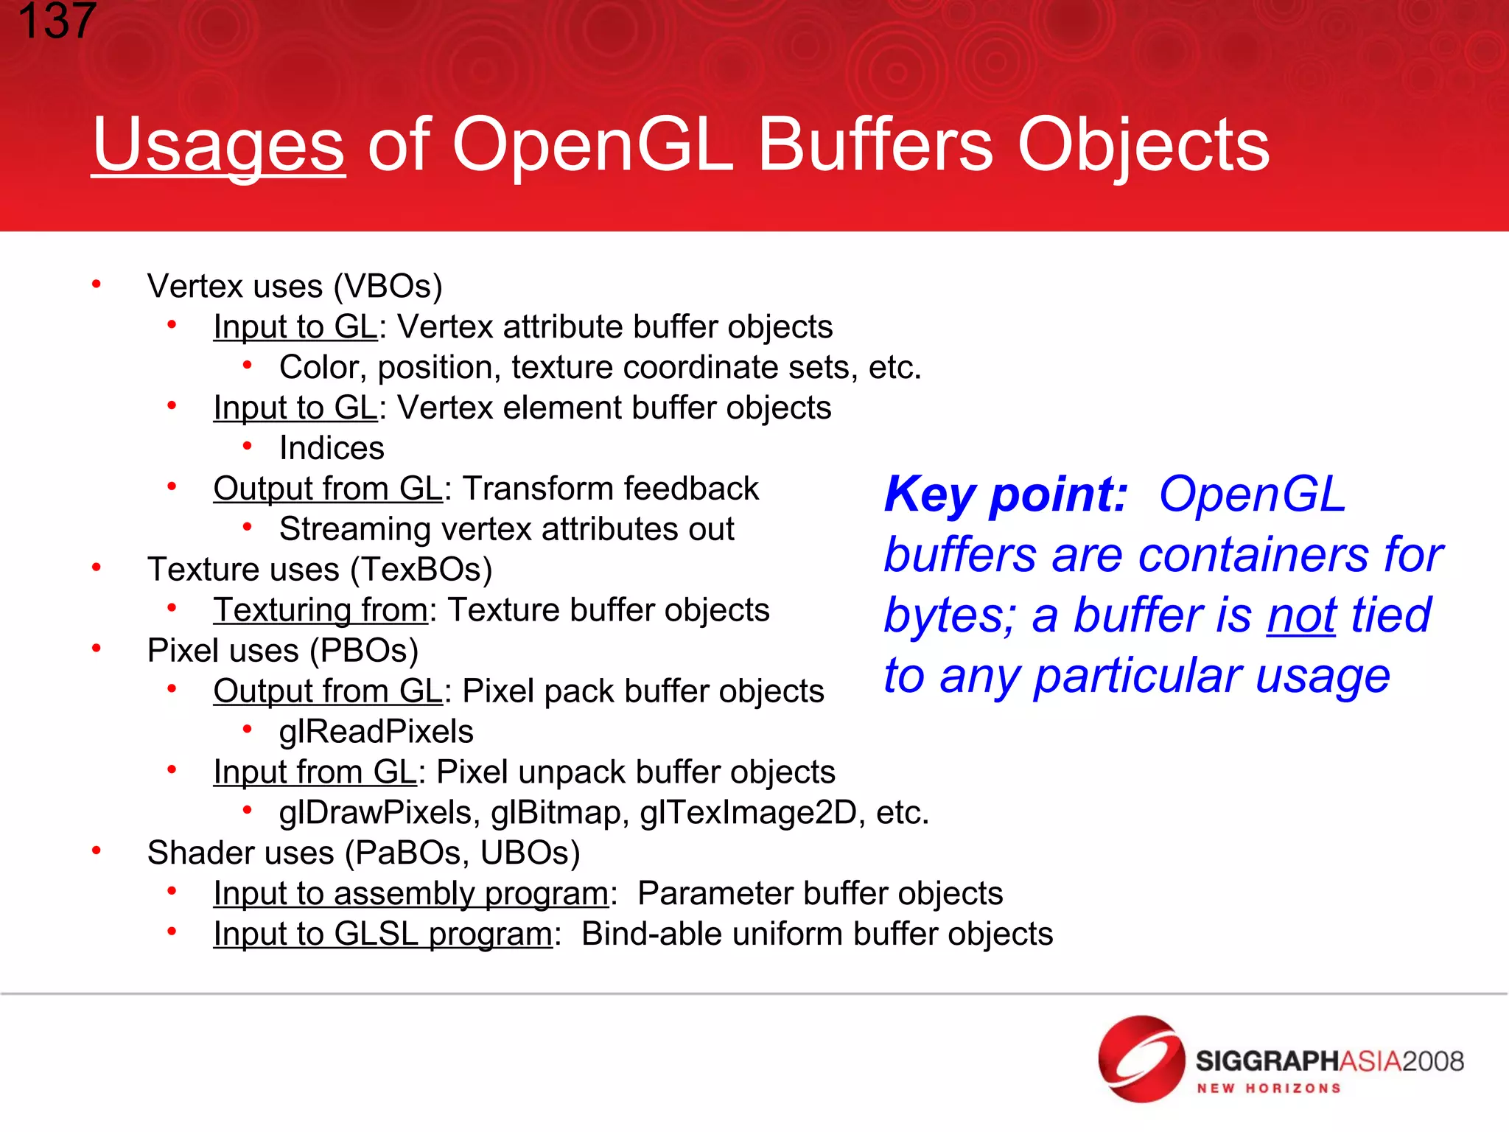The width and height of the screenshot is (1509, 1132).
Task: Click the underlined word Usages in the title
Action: click(218, 146)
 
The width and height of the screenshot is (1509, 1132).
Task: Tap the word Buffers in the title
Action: click(875, 145)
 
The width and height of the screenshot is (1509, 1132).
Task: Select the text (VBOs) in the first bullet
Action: click(388, 287)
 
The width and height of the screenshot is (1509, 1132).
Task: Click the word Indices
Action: click(332, 449)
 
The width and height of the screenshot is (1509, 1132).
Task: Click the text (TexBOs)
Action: click(421, 570)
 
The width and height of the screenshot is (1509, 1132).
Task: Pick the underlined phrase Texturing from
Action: click(321, 611)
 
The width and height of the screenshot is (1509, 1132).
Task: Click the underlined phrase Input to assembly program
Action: click(411, 894)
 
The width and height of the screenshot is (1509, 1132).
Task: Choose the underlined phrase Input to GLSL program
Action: click(382, 934)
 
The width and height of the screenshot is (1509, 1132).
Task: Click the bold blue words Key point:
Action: click(1006, 495)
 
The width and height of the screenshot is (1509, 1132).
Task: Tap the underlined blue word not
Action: click(1301, 616)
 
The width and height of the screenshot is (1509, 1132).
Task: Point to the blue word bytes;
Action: click(950, 616)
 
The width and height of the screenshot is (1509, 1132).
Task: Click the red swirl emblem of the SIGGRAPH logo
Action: click(1141, 1058)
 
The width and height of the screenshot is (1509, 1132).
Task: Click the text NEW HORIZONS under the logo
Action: click(1268, 1089)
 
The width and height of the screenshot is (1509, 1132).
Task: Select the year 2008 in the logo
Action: click(1432, 1061)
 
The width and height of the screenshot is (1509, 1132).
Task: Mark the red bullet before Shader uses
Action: click(97, 851)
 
